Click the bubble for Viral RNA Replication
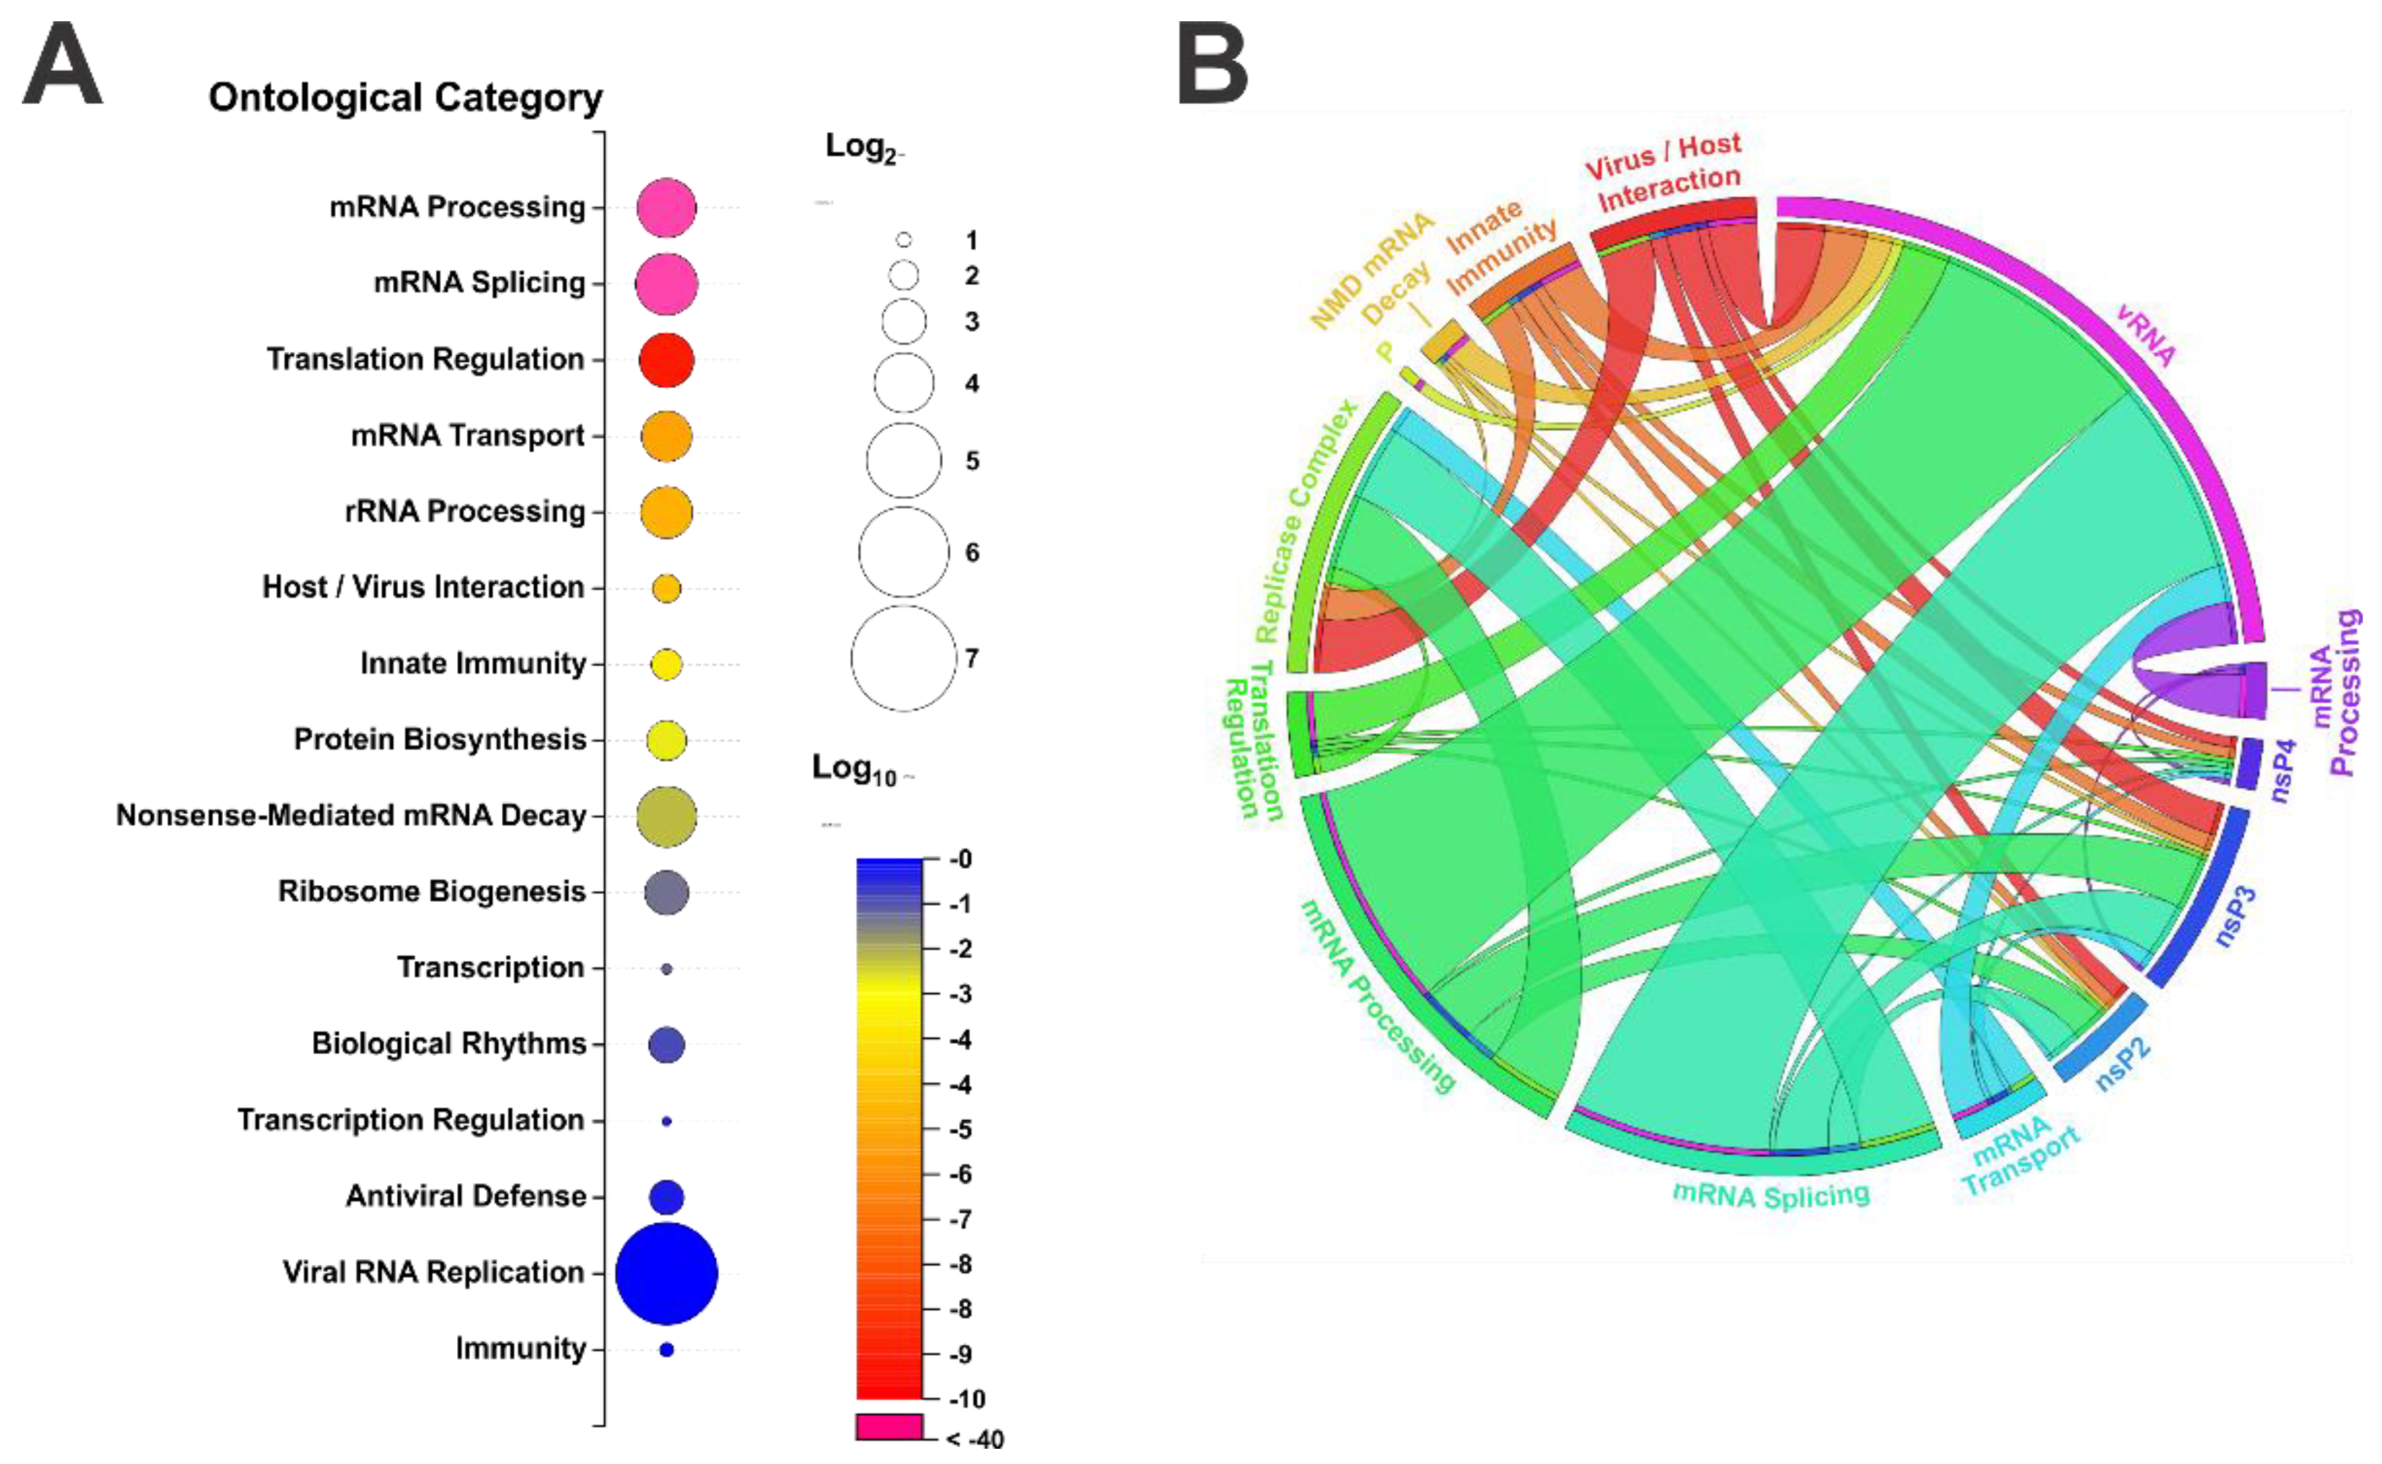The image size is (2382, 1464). click(x=666, y=1273)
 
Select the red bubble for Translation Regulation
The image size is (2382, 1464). click(x=666, y=360)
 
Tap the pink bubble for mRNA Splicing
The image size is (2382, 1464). click(x=666, y=284)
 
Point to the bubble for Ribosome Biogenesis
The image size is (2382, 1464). click(x=666, y=892)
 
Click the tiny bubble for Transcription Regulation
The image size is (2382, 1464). click(x=666, y=1121)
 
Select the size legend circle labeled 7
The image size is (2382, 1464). click(x=903, y=659)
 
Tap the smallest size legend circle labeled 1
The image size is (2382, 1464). click(x=903, y=240)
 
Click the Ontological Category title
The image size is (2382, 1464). click(x=406, y=98)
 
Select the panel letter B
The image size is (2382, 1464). click(x=1213, y=66)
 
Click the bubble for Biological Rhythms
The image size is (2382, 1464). click(x=666, y=1045)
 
